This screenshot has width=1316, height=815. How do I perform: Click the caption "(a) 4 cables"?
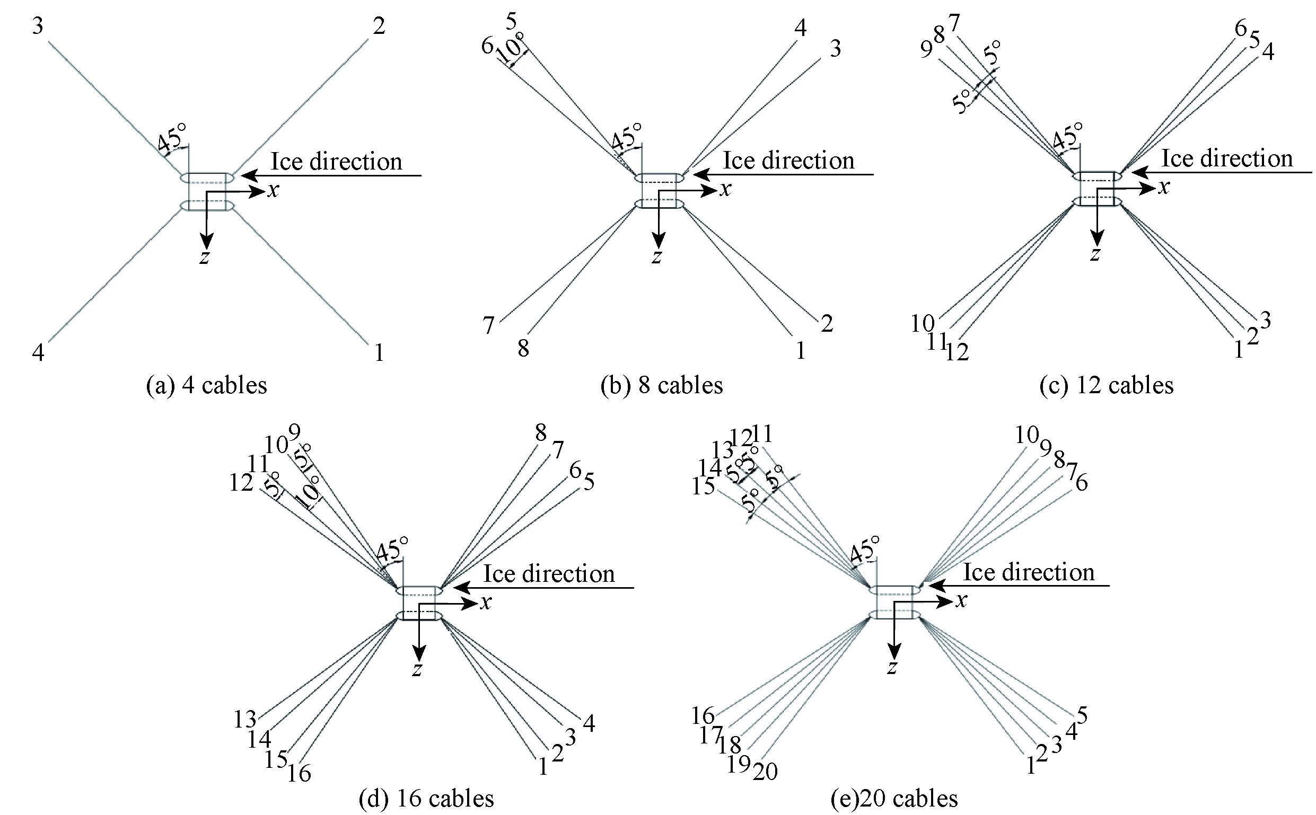coord(207,386)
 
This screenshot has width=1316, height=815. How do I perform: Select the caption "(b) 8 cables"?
coord(662,386)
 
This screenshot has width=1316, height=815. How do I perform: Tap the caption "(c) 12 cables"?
coord(1106,386)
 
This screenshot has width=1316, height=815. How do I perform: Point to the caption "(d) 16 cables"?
coord(426,798)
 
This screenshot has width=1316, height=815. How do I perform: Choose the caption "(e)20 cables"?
coord(894,798)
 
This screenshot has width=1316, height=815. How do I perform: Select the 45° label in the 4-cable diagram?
coord(172,137)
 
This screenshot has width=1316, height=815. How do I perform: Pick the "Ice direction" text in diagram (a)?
coord(336,162)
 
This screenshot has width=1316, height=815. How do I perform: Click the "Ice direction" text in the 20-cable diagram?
coord(1029,572)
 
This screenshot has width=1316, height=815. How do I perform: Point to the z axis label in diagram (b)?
coord(656,257)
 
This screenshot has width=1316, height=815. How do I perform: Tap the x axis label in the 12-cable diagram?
coord(1164,188)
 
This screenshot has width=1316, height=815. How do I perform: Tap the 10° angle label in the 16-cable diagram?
coord(308,492)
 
